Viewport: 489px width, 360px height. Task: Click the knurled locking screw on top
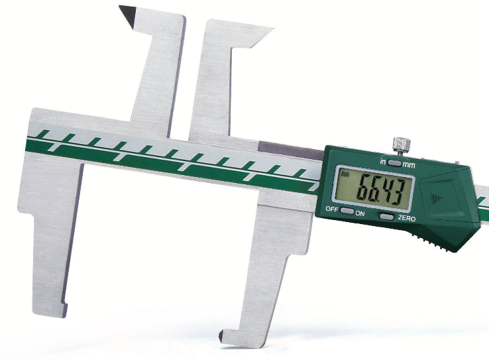click(x=402, y=145)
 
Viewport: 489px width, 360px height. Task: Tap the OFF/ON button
click(x=347, y=211)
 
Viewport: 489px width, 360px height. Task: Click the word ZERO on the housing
click(x=407, y=218)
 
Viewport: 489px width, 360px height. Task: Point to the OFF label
click(x=332, y=209)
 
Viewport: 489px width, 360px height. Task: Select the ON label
click(x=360, y=213)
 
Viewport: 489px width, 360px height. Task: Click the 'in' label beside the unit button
click(x=383, y=162)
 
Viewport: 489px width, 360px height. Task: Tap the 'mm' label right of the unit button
click(x=409, y=164)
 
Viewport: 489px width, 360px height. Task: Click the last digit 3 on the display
click(x=398, y=192)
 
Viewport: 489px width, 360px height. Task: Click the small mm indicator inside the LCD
click(x=345, y=174)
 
